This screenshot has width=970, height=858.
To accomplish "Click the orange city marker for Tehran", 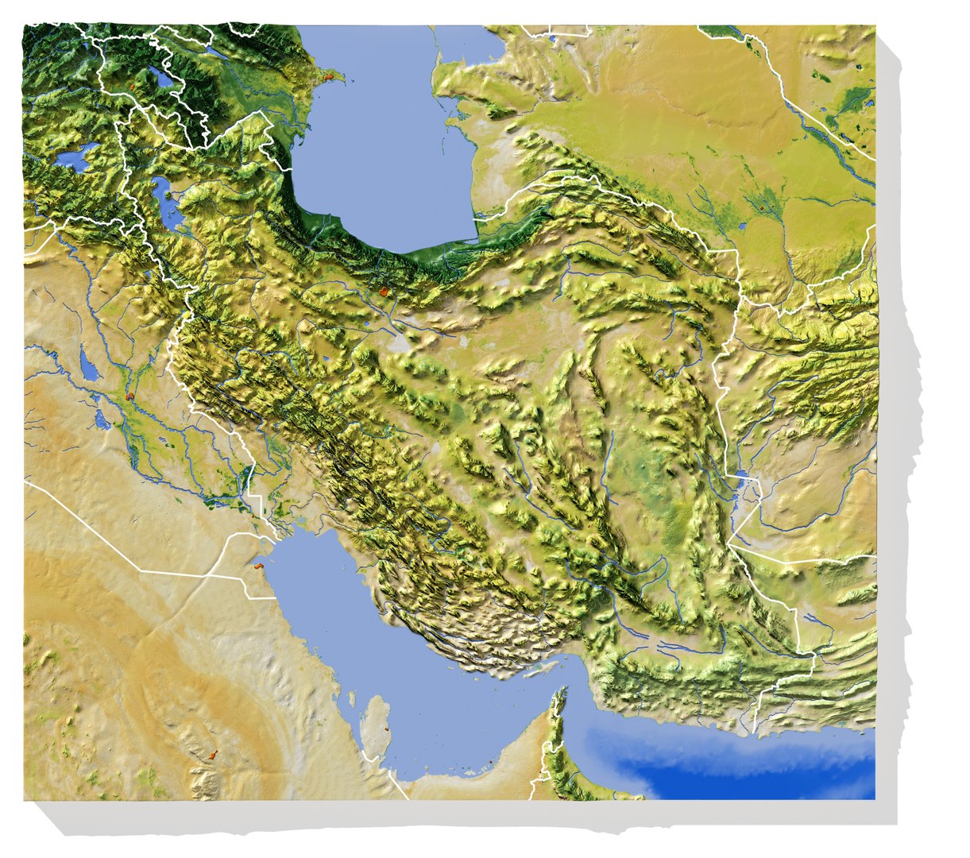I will click(x=385, y=292).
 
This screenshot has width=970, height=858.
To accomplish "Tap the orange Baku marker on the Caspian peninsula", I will click(x=327, y=77).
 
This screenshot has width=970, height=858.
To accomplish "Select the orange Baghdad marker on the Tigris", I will click(x=129, y=394).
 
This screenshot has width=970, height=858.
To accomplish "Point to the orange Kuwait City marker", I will click(x=257, y=566).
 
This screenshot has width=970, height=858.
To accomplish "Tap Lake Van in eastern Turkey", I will click(x=75, y=157).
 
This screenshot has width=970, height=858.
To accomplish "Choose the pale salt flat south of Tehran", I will click(x=400, y=344).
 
